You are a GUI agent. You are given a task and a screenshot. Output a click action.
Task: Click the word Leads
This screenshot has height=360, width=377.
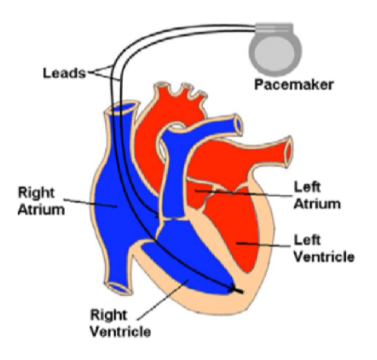[65, 73]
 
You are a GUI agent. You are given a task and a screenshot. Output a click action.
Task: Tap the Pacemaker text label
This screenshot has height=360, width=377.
[293, 84]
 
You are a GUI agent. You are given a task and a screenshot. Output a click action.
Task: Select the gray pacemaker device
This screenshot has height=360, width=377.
[275, 49]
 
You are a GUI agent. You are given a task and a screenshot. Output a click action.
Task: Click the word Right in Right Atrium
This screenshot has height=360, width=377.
[36, 194]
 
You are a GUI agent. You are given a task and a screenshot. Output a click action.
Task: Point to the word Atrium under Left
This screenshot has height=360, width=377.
[317, 204]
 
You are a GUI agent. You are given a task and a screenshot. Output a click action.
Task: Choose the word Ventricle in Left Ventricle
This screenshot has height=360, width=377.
[324, 257]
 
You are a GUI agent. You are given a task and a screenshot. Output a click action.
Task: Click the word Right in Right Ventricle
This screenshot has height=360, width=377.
[109, 316]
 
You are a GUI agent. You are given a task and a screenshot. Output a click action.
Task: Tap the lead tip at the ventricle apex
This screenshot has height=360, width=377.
[237, 290]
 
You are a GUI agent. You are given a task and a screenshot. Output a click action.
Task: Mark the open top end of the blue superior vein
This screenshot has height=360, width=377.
[122, 109]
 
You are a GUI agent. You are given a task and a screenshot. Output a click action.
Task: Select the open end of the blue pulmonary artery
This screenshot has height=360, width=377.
[239, 125]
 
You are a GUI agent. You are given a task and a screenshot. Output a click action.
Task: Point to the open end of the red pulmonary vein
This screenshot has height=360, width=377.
[288, 152]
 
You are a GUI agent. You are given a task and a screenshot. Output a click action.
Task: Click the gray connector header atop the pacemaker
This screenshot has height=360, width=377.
[274, 28]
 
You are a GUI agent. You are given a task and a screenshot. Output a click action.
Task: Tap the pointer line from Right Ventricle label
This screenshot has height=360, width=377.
[163, 299]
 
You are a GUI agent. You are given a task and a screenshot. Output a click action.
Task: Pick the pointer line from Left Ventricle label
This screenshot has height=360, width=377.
[264, 245]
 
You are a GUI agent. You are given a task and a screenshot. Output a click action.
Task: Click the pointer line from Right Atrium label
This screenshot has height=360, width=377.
[90, 204]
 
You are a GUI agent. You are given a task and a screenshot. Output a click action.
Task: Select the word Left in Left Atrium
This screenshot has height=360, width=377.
[307, 187]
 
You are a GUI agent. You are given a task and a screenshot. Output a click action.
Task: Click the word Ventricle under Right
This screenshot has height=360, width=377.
[121, 332]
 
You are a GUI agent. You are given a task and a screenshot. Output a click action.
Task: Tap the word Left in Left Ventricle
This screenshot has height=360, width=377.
[307, 240]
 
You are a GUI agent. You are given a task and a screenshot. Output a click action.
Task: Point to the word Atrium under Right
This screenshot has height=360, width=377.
[41, 210]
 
